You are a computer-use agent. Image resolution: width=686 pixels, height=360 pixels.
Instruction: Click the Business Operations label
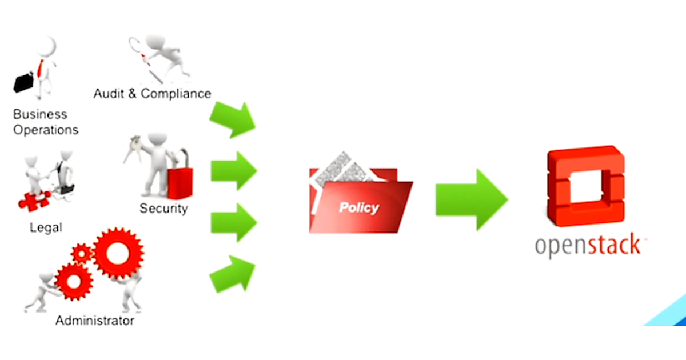pos(46,122)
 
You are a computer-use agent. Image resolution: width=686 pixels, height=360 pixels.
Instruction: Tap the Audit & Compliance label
pos(152,94)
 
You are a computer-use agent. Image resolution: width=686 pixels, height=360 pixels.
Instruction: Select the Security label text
pos(163,208)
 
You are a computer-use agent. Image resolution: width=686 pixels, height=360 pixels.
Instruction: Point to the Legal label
pos(46,227)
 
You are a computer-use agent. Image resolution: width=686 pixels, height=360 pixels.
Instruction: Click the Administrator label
pos(95,321)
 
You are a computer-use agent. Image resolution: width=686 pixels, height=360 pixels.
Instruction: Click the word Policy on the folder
pos(359,207)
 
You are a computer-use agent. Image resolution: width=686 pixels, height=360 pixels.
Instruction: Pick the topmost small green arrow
pos(233,119)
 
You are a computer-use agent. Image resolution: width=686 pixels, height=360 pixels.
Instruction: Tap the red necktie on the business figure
pos(41,69)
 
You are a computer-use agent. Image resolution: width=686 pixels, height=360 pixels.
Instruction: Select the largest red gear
pos(118,253)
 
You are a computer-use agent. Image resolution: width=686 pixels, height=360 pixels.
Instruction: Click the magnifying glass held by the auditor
pos(136,45)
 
